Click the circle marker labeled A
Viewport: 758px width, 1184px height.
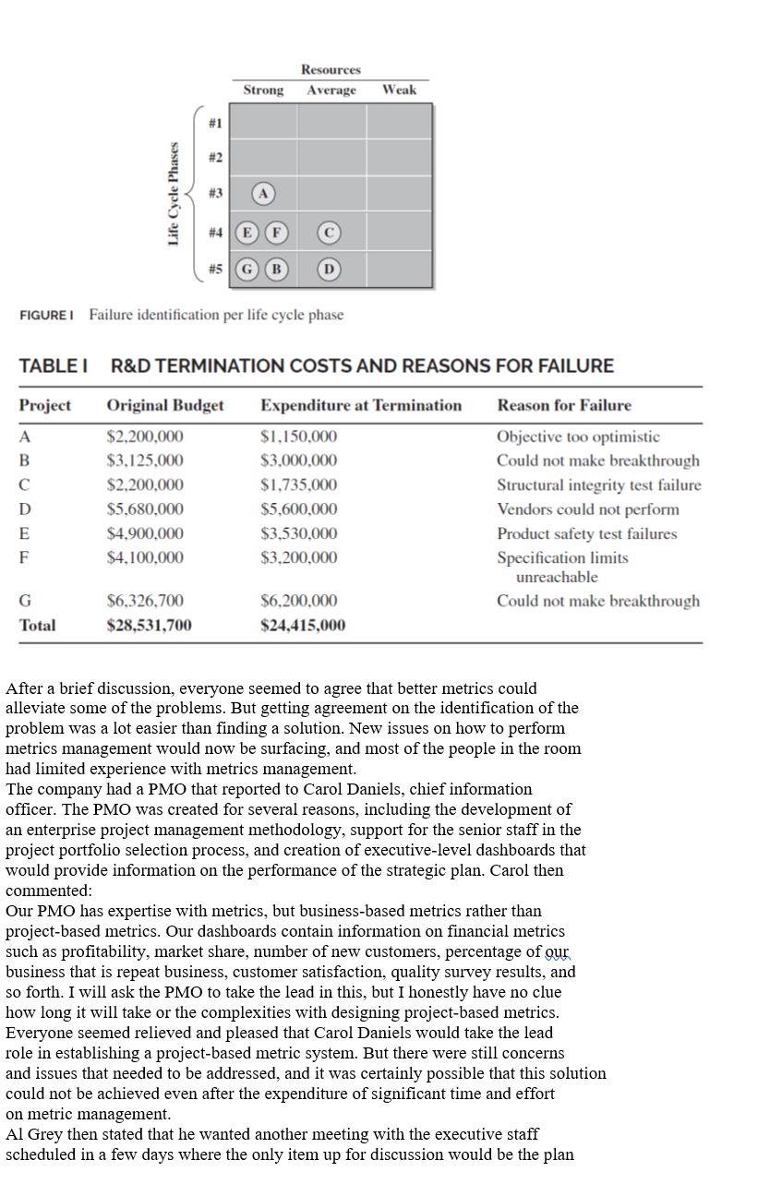(263, 194)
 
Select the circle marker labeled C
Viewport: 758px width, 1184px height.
(329, 232)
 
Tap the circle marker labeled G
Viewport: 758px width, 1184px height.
(247, 269)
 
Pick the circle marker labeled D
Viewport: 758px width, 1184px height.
(329, 269)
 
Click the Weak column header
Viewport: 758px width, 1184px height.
(399, 90)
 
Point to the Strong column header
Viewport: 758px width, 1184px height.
(263, 90)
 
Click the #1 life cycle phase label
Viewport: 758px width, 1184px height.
(215, 122)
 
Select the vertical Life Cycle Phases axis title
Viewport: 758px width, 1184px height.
(173, 194)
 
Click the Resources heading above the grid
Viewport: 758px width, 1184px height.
(331, 70)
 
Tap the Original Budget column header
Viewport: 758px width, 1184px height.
(165, 405)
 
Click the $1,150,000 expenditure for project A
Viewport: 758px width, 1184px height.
(298, 437)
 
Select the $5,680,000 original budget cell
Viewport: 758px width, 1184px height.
(145, 509)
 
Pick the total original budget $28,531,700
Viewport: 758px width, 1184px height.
(150, 626)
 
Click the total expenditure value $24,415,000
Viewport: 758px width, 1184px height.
(303, 626)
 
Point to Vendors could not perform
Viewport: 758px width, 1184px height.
(587, 509)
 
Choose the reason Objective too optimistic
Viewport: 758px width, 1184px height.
(578, 437)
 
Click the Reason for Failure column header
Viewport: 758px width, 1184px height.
(564, 405)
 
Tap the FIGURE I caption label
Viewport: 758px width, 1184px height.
(46, 316)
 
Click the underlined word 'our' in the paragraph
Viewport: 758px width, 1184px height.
(557, 951)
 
